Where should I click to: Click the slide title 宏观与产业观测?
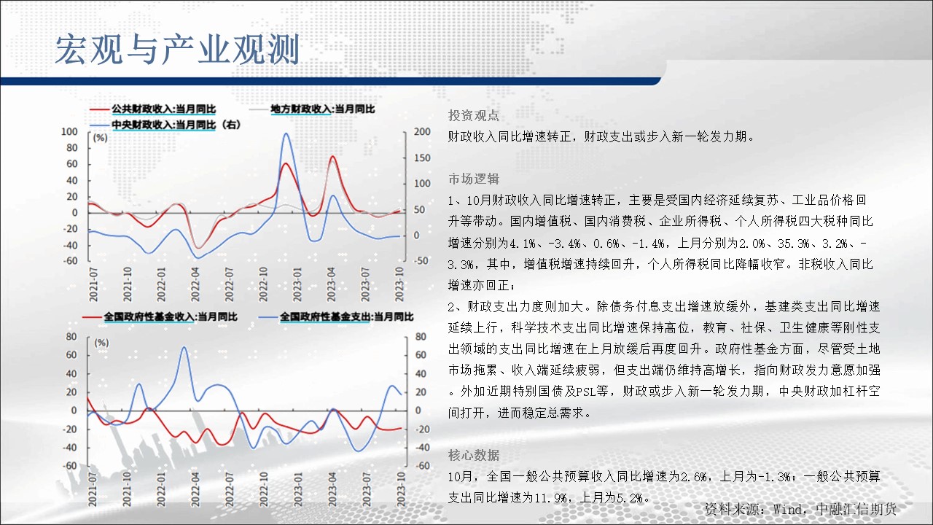177,50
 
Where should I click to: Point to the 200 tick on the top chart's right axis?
422,132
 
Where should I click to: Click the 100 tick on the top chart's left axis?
69,132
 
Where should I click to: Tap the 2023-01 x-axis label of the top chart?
297,284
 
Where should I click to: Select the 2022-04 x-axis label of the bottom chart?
195,489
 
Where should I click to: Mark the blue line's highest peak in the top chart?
286,133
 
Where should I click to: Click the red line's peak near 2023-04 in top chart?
332,157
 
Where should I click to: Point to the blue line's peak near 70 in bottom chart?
184,347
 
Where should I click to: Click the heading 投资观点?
474,115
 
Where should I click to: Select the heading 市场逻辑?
474,179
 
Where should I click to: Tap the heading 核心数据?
474,455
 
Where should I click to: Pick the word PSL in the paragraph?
585,392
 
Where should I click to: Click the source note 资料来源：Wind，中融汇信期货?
800,509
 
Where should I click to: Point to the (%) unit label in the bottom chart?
101,343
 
